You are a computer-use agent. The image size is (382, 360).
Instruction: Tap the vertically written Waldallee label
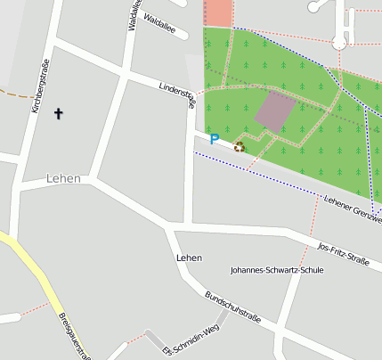pyautogui.click(x=133, y=15)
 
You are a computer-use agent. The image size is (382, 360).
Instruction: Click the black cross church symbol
pyautogui.click(x=60, y=113)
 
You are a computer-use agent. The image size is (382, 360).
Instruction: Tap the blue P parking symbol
pyautogui.click(x=214, y=138)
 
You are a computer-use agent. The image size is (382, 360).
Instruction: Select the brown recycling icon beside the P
pyautogui.click(x=239, y=146)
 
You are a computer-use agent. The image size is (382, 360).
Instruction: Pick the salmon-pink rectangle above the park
pyautogui.click(x=218, y=12)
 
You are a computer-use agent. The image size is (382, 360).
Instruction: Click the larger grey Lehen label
pyautogui.click(x=63, y=178)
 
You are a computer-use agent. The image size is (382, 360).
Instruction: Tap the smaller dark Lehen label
pyautogui.click(x=189, y=258)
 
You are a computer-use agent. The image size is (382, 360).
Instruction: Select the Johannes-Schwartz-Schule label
pyautogui.click(x=276, y=269)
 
